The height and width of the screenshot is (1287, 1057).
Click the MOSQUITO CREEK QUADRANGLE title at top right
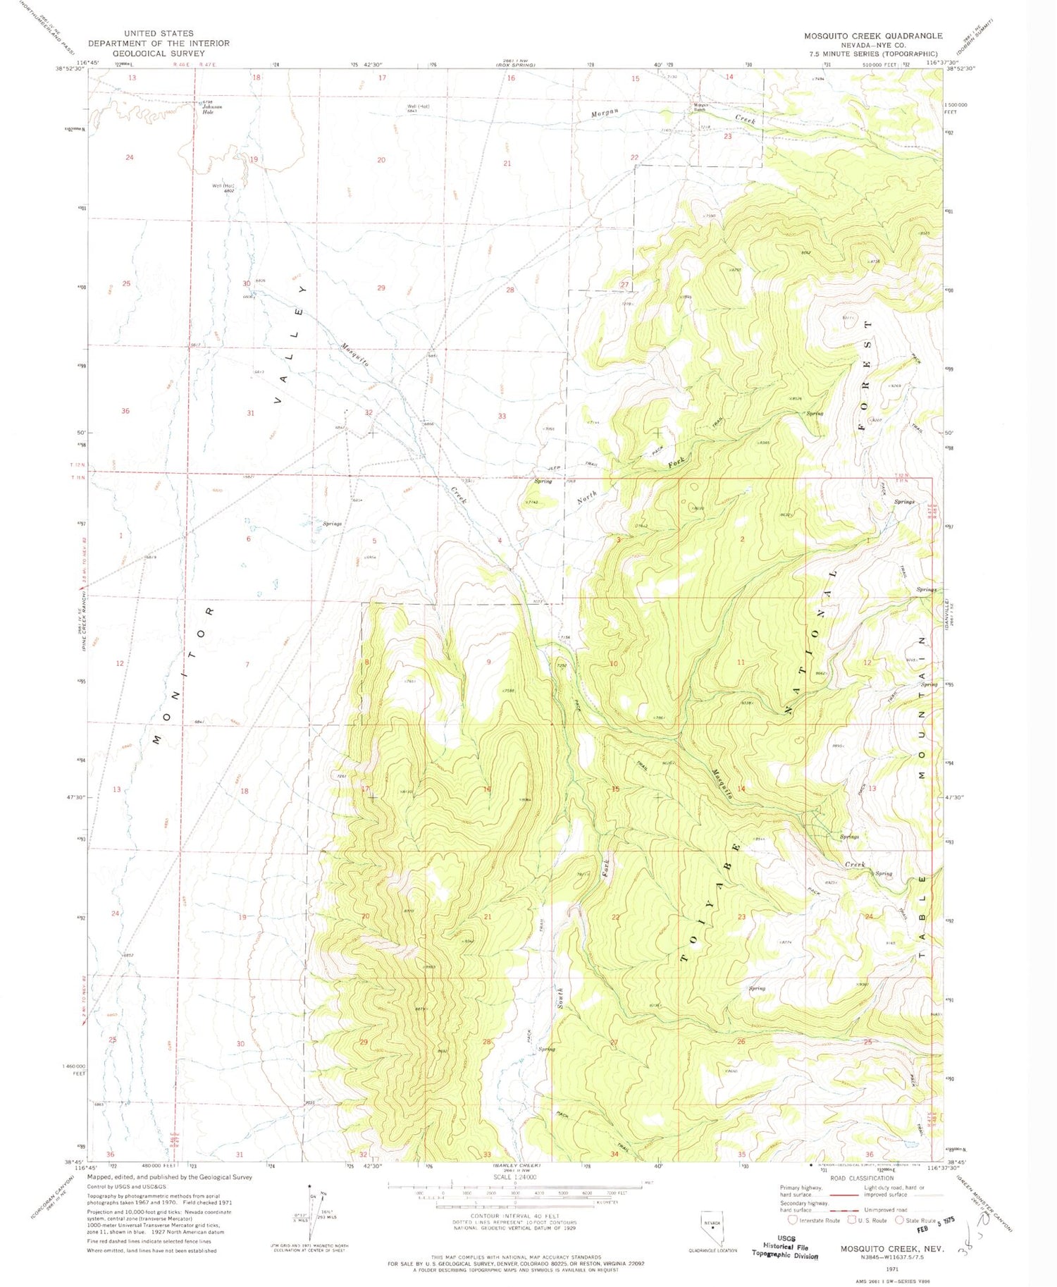[x=873, y=35]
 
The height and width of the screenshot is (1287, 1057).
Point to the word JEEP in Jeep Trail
[x=554, y=469]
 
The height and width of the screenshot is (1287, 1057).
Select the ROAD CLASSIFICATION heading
[x=861, y=1178]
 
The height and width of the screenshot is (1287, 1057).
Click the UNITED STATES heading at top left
[x=159, y=33]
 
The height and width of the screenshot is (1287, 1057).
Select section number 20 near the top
[x=381, y=161]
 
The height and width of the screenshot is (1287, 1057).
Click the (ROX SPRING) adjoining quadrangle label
[x=516, y=65]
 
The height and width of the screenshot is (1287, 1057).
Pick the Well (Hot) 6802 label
[x=223, y=188]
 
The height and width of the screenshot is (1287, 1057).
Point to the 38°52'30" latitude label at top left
[x=70, y=68]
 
